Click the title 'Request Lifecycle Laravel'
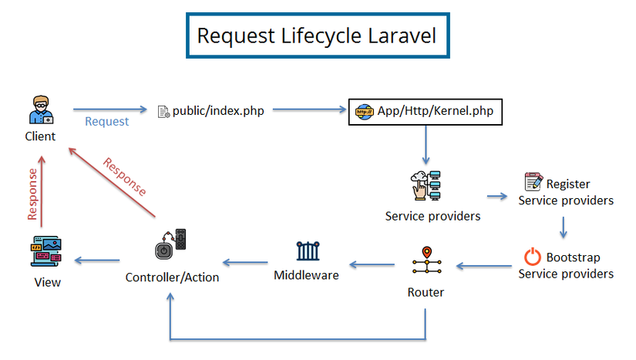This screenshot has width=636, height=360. (316, 35)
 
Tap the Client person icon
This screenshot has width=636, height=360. (40, 110)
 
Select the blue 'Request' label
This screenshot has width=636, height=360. (106, 122)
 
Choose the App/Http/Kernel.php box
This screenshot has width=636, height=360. (426, 111)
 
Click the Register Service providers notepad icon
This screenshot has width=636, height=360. (533, 183)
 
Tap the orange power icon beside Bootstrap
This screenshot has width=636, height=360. (532, 257)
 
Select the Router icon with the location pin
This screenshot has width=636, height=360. (425, 263)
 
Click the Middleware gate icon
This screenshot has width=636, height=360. (307, 251)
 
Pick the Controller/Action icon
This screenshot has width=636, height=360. (171, 245)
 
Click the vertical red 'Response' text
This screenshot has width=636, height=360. (32, 193)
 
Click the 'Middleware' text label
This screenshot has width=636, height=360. (306, 274)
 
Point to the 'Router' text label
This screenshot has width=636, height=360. (426, 292)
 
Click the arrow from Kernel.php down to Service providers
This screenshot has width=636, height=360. (425, 144)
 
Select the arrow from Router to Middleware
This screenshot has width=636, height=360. (373, 265)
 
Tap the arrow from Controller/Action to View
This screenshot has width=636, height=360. (97, 261)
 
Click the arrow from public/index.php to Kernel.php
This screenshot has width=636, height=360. (308, 110)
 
